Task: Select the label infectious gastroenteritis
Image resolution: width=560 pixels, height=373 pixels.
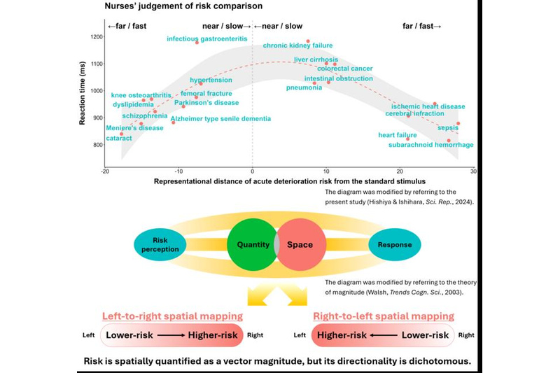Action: (x=206, y=38)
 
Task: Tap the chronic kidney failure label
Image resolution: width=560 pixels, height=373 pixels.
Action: (x=297, y=46)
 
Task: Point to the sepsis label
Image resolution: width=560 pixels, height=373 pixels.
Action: (x=448, y=128)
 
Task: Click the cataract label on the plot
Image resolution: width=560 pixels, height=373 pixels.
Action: (x=118, y=139)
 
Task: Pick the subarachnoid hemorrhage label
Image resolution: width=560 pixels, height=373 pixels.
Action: (x=430, y=145)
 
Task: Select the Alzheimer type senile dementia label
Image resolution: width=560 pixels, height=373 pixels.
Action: (x=220, y=119)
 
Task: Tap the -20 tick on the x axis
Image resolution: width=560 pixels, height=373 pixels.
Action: (x=105, y=171)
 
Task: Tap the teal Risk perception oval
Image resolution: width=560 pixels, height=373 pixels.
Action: (x=160, y=245)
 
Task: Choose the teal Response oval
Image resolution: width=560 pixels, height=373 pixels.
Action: (x=395, y=245)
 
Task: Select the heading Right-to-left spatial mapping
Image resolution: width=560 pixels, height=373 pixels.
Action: (x=383, y=316)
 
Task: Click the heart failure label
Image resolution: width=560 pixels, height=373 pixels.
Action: (x=397, y=135)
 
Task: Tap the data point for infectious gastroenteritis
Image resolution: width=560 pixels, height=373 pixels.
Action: (x=197, y=43)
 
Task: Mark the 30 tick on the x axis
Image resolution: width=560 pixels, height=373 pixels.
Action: (x=473, y=171)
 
